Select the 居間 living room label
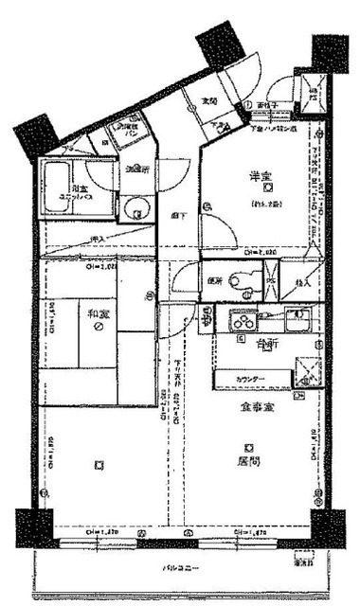[247, 463]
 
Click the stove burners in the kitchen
[241, 318]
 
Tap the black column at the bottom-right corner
[327, 526]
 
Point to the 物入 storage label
[303, 282]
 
